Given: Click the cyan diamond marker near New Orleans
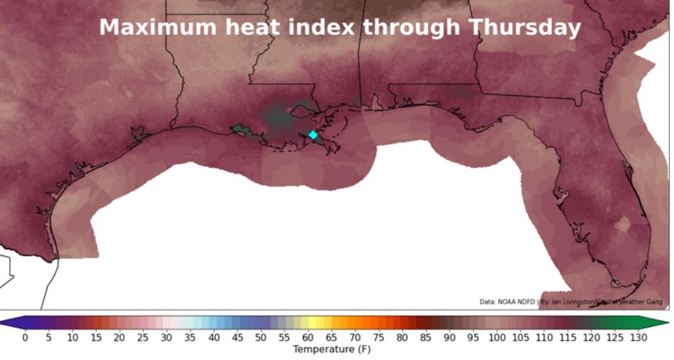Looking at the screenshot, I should point(313,134).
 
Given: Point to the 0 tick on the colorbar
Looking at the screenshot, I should point(25,337).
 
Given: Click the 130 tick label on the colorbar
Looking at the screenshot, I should point(638,337).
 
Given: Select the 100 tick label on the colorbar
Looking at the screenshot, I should point(496,337).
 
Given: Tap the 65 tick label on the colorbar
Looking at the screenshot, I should point(331,337).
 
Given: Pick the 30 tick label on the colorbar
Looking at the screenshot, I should point(166,337).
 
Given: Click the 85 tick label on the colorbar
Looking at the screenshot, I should point(426,337).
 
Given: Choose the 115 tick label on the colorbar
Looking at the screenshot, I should point(567,337).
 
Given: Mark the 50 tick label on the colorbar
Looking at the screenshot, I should point(261,337).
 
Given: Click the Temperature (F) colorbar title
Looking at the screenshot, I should point(331,349).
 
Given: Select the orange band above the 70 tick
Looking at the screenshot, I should point(355,322).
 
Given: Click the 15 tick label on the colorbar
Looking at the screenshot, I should point(96,337).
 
